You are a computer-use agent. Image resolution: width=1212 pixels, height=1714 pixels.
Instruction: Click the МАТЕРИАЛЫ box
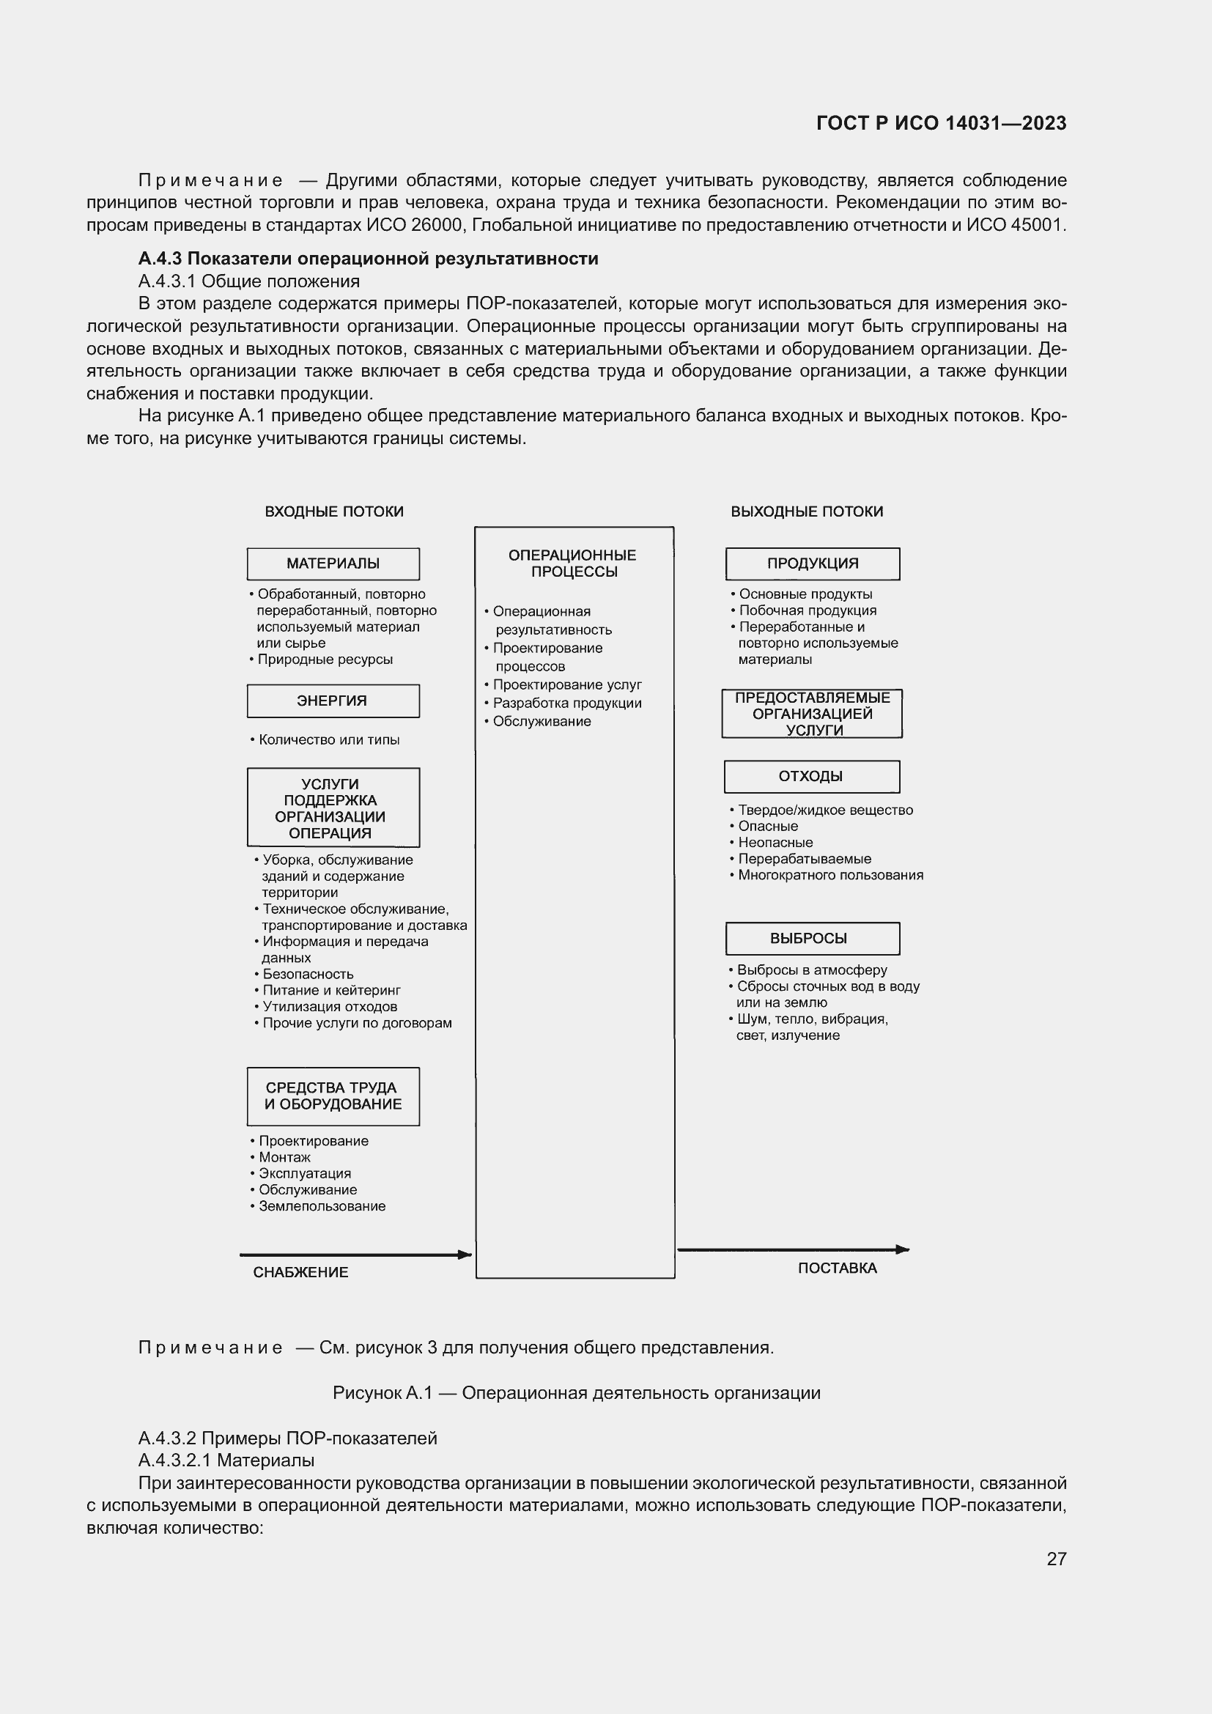click(x=333, y=564)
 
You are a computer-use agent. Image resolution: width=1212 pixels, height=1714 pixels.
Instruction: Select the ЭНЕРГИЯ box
click(x=333, y=701)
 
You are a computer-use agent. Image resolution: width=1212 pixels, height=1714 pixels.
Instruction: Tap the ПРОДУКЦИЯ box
click(x=812, y=564)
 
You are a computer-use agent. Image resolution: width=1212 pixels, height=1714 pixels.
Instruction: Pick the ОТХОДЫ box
click(x=811, y=775)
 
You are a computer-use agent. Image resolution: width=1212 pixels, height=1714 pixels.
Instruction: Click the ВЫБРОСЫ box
click(x=812, y=938)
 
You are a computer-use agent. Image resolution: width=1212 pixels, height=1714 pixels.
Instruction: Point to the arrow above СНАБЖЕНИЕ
click(x=355, y=1255)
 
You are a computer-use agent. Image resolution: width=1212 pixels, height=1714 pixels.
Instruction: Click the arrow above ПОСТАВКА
click(x=793, y=1249)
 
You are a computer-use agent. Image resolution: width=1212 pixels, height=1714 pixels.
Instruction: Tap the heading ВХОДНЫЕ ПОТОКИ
click(x=333, y=511)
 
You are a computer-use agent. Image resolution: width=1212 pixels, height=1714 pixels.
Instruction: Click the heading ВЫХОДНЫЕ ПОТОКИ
click(x=807, y=511)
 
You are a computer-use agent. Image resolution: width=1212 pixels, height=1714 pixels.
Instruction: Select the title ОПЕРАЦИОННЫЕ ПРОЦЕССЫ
click(x=572, y=563)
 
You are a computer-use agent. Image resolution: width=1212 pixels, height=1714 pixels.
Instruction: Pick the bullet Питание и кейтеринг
click(x=331, y=990)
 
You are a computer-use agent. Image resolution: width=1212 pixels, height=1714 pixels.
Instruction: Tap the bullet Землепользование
click(x=322, y=1205)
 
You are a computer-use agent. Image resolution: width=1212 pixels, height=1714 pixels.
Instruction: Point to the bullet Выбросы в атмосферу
click(x=812, y=969)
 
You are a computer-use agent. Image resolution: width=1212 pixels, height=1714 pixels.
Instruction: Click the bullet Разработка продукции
click(x=566, y=703)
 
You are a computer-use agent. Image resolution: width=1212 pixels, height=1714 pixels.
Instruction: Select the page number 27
click(x=1056, y=1559)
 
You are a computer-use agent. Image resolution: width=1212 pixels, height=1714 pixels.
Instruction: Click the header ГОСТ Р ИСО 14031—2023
click(x=941, y=123)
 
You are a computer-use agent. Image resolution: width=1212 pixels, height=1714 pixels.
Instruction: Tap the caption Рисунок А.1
click(x=576, y=1393)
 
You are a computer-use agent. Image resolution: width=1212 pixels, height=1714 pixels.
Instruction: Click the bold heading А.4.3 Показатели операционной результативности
click(x=368, y=258)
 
